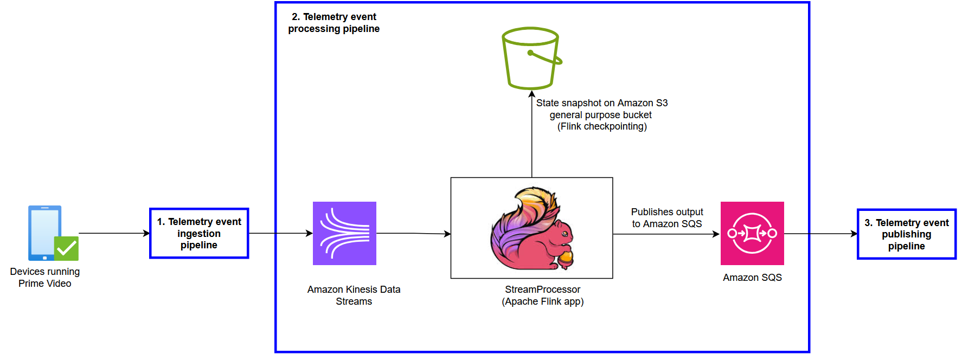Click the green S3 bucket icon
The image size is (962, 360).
pyautogui.click(x=531, y=59)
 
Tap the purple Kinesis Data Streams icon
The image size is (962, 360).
pyautogui.click(x=344, y=233)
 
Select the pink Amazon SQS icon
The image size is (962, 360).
pyautogui.click(x=752, y=233)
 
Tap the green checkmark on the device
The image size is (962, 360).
pyautogui.click(x=67, y=248)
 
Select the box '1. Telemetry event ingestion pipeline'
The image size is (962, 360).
pyautogui.click(x=199, y=233)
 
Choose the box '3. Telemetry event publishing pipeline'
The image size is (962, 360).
pyautogui.click(x=906, y=234)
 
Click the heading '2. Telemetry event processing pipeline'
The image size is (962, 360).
pyautogui.click(x=334, y=23)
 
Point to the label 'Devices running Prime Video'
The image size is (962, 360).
pyautogui.click(x=45, y=277)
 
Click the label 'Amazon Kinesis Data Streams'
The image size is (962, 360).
pyautogui.click(x=354, y=295)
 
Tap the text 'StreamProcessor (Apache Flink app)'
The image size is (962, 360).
pyautogui.click(x=542, y=295)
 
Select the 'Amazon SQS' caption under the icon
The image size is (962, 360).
pyautogui.click(x=752, y=277)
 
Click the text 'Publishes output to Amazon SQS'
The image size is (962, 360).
pyautogui.click(x=667, y=217)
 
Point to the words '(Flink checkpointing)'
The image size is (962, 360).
pyautogui.click(x=602, y=126)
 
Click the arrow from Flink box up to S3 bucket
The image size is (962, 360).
pyautogui.click(x=532, y=136)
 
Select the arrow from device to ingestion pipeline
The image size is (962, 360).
pyautogui.click(x=114, y=233)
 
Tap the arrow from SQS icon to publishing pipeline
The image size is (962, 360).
pyautogui.click(x=820, y=234)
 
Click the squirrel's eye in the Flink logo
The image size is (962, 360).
pyautogui.click(x=565, y=234)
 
